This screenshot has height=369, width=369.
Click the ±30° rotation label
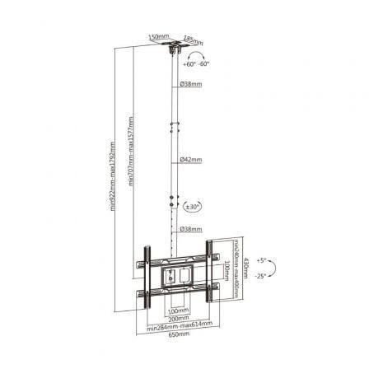click(x=194, y=207)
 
